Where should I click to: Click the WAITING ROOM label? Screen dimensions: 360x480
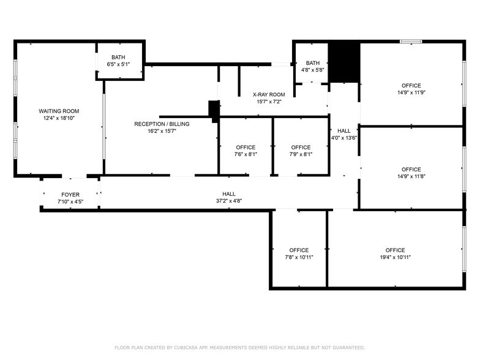tap(59, 111)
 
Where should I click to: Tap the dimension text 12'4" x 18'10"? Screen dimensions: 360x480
tap(59, 118)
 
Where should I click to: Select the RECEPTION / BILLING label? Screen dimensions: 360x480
tap(162, 124)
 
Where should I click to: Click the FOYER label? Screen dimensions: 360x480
tap(70, 194)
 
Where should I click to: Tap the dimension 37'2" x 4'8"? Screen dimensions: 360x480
tap(229, 201)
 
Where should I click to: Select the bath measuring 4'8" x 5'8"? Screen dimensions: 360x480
tap(312, 66)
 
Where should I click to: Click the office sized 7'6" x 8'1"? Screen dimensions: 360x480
tap(246, 151)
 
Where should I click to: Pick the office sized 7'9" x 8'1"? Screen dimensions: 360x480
tap(301, 151)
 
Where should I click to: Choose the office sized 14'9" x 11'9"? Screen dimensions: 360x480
tap(411, 89)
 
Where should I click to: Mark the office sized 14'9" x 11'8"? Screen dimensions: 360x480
tap(411, 173)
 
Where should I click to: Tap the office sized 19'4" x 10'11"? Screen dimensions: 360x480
tap(395, 253)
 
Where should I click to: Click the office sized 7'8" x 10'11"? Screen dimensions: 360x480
tap(299, 253)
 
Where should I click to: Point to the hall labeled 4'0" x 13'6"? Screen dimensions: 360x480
tap(344, 134)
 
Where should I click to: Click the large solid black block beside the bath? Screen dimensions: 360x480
tap(344, 62)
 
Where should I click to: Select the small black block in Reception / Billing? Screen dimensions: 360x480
tap(214, 110)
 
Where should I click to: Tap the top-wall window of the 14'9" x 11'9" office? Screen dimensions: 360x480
tap(411, 42)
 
